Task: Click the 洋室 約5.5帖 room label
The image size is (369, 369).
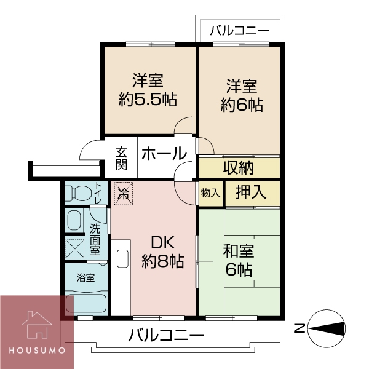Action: click(148, 90)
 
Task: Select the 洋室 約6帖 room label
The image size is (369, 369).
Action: click(240, 95)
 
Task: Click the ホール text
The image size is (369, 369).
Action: click(164, 154)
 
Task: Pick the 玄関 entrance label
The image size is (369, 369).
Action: click(122, 157)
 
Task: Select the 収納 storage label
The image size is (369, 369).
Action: click(238, 167)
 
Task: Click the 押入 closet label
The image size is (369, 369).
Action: click(250, 192)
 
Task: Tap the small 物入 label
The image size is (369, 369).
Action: click(210, 193)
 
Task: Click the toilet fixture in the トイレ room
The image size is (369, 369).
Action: click(78, 194)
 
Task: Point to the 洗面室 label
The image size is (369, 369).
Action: click(95, 239)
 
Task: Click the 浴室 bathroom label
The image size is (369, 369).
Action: click(85, 277)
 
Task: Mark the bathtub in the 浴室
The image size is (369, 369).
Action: click(87, 303)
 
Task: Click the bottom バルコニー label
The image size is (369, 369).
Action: click(166, 336)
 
